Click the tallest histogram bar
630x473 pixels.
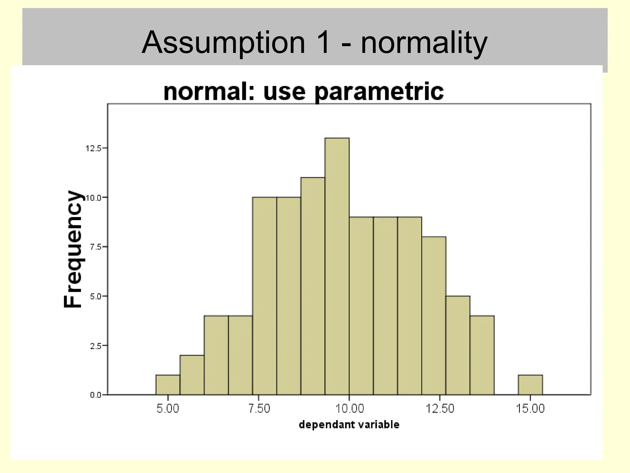(x=337, y=266)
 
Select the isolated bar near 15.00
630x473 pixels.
(x=530, y=385)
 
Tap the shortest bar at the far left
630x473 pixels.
(x=168, y=385)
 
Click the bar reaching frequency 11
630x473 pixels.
(x=313, y=286)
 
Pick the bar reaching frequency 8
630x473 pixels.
(x=434, y=316)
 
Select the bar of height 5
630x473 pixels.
(x=458, y=345)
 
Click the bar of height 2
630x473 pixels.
(x=192, y=375)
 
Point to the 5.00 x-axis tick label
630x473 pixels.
(x=168, y=409)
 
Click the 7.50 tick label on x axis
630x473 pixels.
(x=259, y=409)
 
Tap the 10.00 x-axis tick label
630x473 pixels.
(x=349, y=409)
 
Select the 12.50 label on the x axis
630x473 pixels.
(x=440, y=409)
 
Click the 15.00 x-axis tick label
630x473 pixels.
(x=530, y=409)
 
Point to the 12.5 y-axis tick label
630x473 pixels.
(x=93, y=148)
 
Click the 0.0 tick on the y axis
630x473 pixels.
(x=95, y=395)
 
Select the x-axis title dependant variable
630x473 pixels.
(x=349, y=425)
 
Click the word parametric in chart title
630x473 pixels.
(x=379, y=92)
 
